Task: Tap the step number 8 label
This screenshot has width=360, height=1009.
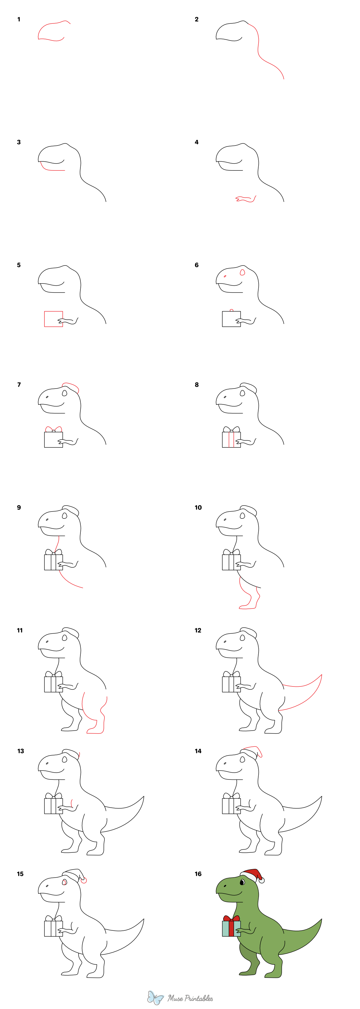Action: pyautogui.click(x=196, y=385)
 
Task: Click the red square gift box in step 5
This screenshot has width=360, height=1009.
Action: pyautogui.click(x=53, y=319)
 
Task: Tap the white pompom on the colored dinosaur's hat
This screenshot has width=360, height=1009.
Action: pyautogui.click(x=262, y=881)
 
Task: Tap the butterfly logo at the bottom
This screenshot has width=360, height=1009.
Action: pyautogui.click(x=155, y=998)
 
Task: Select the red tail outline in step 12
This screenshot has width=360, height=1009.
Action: pyautogui.click(x=310, y=693)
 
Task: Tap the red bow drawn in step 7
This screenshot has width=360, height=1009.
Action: pyautogui.click(x=54, y=429)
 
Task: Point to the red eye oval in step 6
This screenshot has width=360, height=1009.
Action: pyautogui.click(x=242, y=272)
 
